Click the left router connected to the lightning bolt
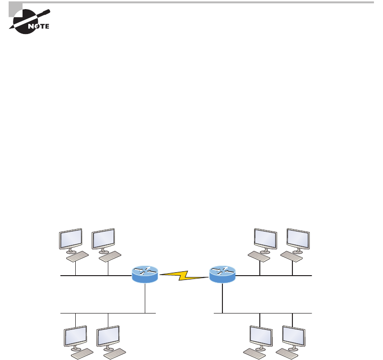pyautogui.click(x=145, y=274)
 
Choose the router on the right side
pyautogui.click(x=222, y=274)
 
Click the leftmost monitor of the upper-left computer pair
pyautogui.click(x=70, y=240)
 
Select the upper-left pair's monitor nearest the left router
pyautogui.click(x=104, y=240)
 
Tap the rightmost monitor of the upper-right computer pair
pyautogui.click(x=298, y=240)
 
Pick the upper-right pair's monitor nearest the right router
pyautogui.click(x=265, y=240)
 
